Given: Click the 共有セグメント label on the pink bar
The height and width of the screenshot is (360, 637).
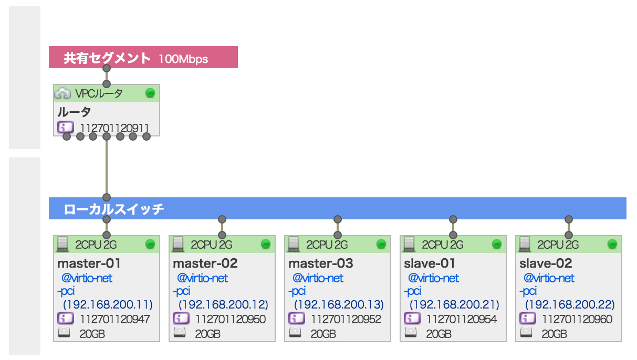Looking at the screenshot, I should (x=107, y=58).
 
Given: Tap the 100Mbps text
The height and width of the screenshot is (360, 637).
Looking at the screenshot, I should (x=183, y=59).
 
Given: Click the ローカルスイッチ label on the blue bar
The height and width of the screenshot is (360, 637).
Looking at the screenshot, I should (x=113, y=209).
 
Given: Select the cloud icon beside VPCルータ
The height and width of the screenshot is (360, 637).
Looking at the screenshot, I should (x=62, y=93).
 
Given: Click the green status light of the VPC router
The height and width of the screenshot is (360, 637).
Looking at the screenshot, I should (x=150, y=93).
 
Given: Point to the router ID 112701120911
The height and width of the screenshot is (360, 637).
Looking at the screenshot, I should (x=114, y=128).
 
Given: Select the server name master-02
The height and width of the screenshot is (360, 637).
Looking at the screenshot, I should (x=205, y=263).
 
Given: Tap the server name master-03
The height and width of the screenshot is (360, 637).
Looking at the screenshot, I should (x=320, y=263).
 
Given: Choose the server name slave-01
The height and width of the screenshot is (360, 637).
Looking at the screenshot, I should (x=430, y=263).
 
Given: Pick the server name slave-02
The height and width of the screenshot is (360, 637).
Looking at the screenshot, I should (x=546, y=263).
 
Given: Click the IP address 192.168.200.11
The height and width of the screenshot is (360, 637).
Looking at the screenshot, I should (x=108, y=304).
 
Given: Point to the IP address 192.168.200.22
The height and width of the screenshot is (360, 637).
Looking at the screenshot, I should (x=570, y=304).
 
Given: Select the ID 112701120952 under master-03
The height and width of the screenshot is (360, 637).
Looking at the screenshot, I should (x=346, y=319).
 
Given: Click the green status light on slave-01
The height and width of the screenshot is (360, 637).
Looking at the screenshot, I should (x=497, y=244).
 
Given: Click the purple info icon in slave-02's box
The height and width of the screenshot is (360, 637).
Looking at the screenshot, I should (x=527, y=319).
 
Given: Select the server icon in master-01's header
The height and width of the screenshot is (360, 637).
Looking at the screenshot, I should (x=62, y=244).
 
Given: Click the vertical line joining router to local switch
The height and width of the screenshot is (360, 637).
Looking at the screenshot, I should (x=107, y=168).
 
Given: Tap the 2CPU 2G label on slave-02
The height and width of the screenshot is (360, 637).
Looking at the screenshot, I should (x=558, y=245).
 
